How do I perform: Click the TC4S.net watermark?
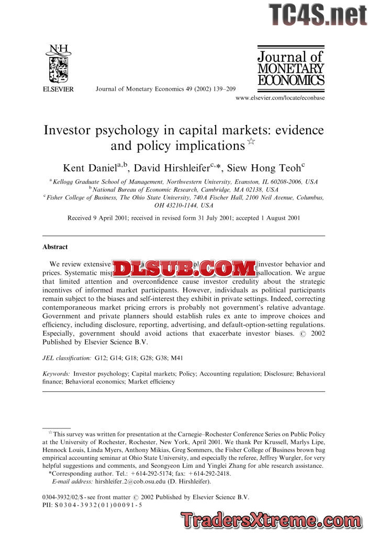(x=318, y=15)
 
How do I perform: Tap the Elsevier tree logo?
(x=58, y=66)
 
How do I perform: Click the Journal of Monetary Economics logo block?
(x=290, y=67)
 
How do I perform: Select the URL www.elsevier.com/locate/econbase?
(x=280, y=98)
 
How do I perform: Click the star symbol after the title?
(x=251, y=143)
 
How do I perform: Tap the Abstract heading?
(x=55, y=246)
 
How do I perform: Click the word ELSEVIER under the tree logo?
(x=58, y=89)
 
